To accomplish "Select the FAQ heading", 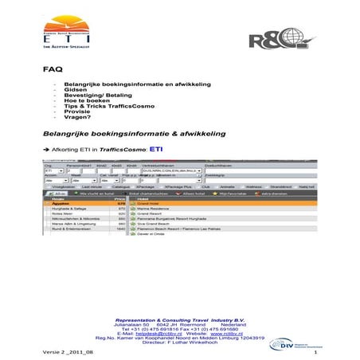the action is (x=52, y=70).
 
